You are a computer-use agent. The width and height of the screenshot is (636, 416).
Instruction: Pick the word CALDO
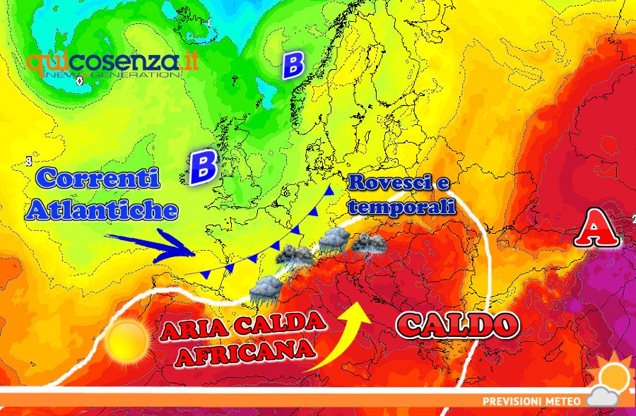pos(458,325)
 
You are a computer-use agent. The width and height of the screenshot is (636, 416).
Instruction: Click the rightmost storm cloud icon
pos(368,244)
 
